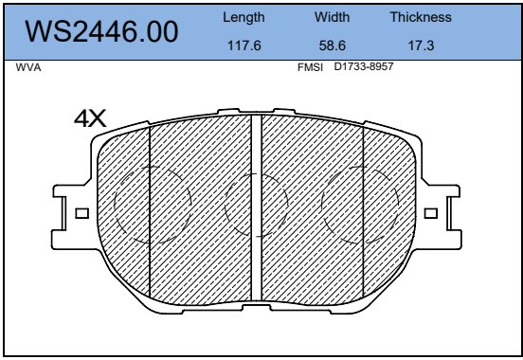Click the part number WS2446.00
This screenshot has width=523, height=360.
[x=101, y=31]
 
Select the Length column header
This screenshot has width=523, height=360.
[x=243, y=17]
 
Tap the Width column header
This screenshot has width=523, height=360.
[x=332, y=17]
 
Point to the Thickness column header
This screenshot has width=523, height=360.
[x=421, y=17]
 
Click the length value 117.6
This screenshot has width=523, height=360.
[x=243, y=45]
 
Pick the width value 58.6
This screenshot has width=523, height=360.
[x=333, y=45]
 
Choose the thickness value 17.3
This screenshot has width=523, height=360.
[x=422, y=45]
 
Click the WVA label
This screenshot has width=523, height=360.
[x=28, y=67]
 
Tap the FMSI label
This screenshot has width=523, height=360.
[x=310, y=67]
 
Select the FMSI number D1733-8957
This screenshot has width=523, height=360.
[x=364, y=66]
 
